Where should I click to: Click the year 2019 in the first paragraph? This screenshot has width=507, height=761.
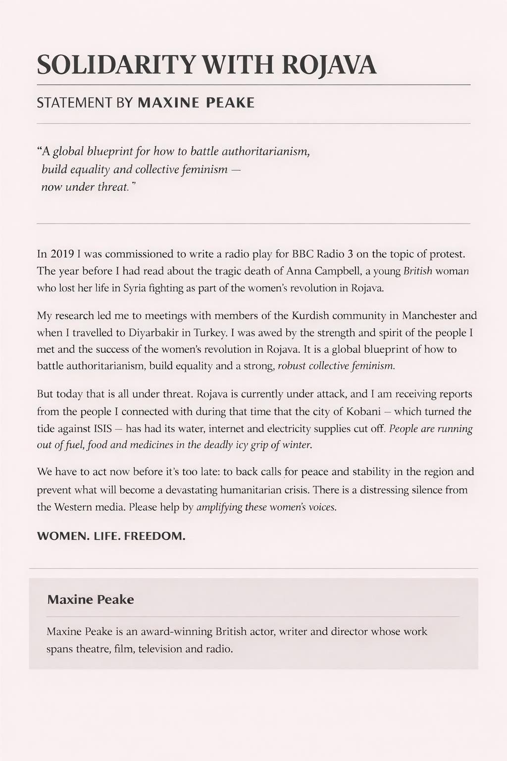click(x=62, y=254)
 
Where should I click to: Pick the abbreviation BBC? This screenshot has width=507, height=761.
click(x=303, y=254)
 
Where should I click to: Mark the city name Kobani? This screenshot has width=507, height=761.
click(x=363, y=411)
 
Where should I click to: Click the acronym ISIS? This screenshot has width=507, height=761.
click(x=102, y=428)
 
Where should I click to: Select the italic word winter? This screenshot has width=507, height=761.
click(x=297, y=445)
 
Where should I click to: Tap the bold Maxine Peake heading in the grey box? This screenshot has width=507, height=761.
click(x=91, y=599)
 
